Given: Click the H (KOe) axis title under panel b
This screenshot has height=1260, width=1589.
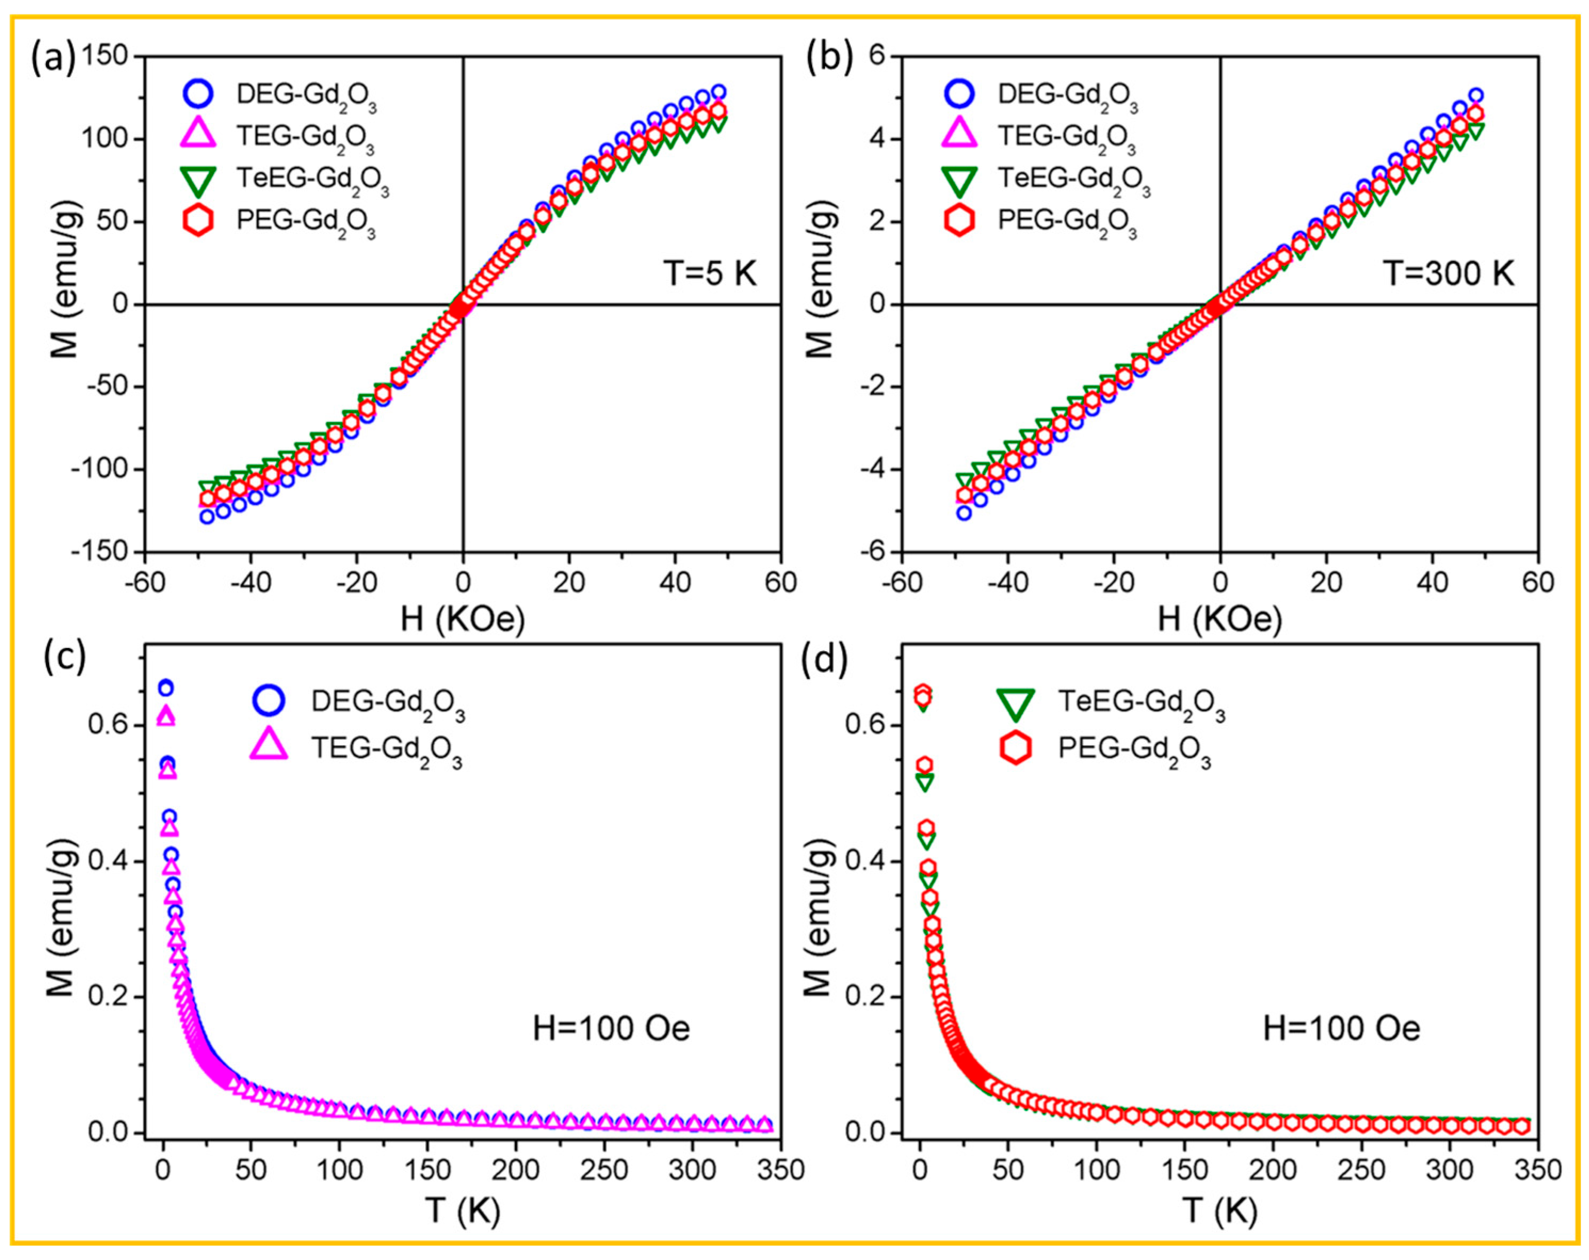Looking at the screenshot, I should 1219,620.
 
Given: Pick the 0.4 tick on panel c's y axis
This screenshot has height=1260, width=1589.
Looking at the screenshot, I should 108,861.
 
